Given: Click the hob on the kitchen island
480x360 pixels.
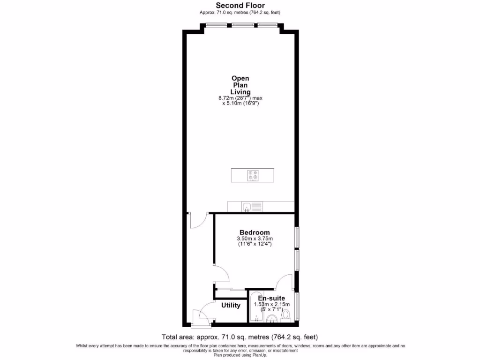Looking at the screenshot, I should pos(253,175).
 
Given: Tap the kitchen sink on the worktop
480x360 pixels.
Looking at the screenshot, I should pos(252,206).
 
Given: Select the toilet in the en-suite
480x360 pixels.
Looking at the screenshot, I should pos(285,315).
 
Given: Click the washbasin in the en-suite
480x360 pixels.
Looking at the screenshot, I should pos(271,319).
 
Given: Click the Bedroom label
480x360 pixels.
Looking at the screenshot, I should pos(255,232).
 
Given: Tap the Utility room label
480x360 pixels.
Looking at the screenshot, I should pos(231,306).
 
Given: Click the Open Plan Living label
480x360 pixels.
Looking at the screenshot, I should pos(240,85).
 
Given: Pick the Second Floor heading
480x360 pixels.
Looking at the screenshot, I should pos(240,6).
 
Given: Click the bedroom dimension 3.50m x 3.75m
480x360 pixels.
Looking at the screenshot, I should pos(255,239).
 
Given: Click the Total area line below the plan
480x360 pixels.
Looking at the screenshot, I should pos(240,337).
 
